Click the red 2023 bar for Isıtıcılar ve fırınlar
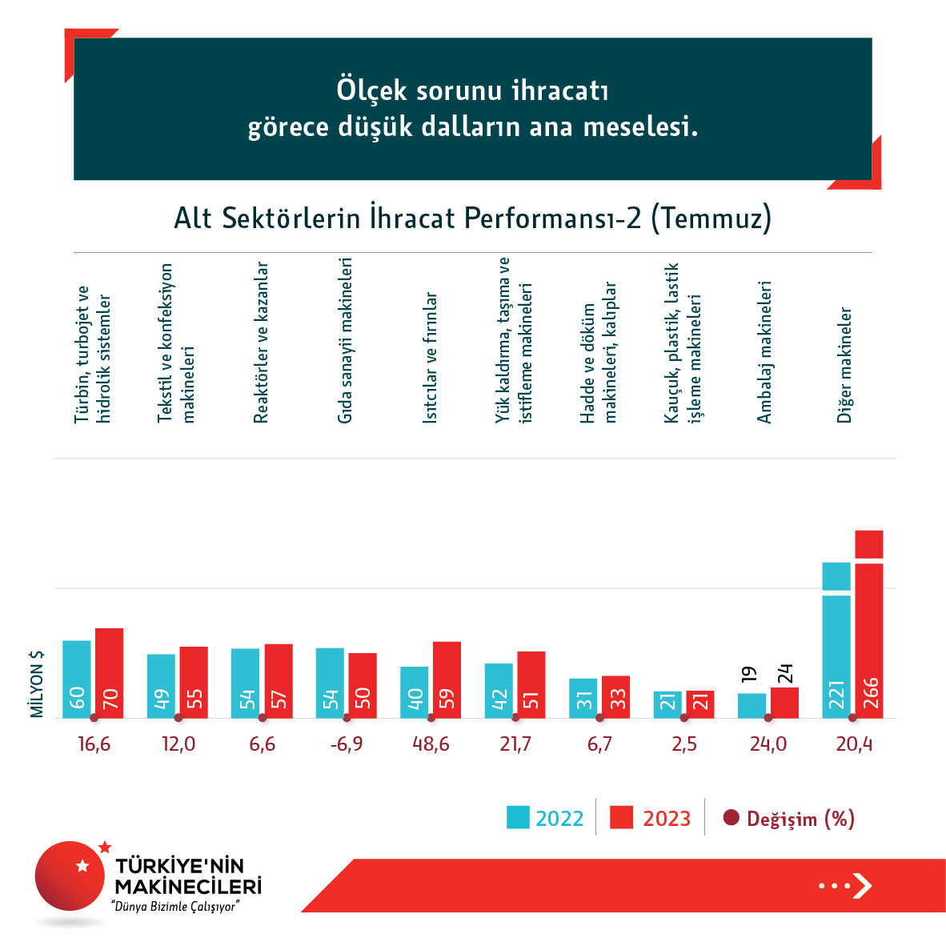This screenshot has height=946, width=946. click(x=447, y=679)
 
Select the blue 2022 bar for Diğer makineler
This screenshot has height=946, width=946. click(x=836, y=640)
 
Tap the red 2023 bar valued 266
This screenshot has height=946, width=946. click(x=869, y=624)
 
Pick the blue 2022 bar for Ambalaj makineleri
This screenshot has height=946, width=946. click(x=752, y=705)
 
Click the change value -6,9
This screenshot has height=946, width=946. click(x=346, y=744)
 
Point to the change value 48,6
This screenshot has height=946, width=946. click(x=431, y=744)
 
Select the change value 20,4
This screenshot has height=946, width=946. click(x=854, y=744)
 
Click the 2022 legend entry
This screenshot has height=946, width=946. click(x=545, y=819)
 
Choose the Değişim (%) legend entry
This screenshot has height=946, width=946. click(x=789, y=819)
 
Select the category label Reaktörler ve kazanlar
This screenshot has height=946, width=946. click(x=261, y=343)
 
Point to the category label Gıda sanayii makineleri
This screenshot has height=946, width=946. click(x=345, y=340)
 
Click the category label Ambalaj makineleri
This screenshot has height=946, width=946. click(x=764, y=352)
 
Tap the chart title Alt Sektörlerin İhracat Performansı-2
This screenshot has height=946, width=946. click(x=472, y=218)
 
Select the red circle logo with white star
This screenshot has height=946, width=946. click(x=70, y=875)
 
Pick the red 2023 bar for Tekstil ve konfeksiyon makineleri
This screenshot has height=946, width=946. click(x=194, y=682)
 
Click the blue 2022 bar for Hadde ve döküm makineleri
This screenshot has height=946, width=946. click(x=583, y=698)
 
